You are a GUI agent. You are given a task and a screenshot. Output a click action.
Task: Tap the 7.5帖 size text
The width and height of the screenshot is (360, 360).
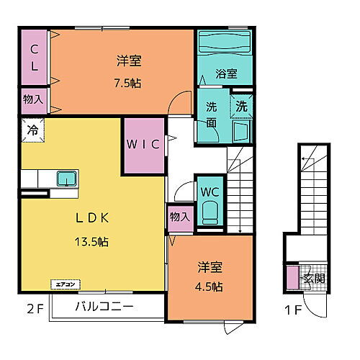pos(126,83)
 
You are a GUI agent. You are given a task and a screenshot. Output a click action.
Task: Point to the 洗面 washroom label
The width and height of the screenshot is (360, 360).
pos(212,114)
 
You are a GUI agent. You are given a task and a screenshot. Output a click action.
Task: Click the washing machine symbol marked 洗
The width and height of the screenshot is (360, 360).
pos(242,105)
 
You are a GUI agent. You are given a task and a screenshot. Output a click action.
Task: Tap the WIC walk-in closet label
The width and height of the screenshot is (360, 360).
pos(144,144)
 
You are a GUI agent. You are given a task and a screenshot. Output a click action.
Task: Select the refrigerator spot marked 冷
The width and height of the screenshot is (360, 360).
pos(32,130)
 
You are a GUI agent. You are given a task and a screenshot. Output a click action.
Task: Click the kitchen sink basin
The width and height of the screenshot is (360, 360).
pos(68,177)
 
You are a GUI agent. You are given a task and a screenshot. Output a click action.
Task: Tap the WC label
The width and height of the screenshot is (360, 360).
pos(210,193)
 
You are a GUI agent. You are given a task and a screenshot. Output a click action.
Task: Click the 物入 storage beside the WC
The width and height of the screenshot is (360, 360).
pos(180,217)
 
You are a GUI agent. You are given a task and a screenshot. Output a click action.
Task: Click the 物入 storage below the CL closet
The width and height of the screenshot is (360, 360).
pos(33,99)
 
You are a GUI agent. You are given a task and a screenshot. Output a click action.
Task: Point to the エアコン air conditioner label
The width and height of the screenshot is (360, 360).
pos(61,284)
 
